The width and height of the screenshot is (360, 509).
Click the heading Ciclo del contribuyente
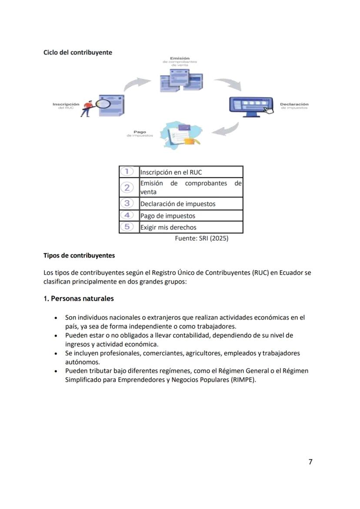coord(77,52)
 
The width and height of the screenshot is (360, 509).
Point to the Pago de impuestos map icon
coord(181,135)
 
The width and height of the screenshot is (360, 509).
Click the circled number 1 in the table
coord(127,171)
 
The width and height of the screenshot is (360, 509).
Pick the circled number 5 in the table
coord(127,227)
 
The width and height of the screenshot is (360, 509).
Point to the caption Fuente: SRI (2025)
coord(201,238)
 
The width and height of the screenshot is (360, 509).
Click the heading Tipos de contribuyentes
coord(79,255)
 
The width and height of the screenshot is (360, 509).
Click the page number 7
coord(310,462)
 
